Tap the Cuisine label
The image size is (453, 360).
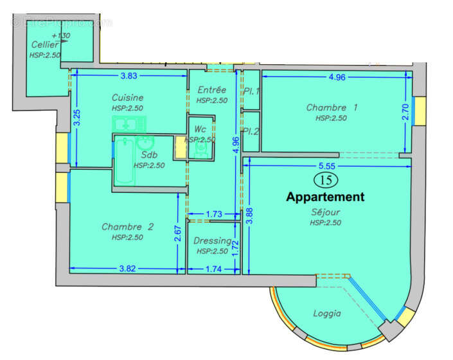(x=127, y=98)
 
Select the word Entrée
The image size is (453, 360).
(x=211, y=90)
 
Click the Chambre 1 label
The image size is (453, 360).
(x=331, y=107)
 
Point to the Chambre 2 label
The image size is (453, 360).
(x=128, y=226)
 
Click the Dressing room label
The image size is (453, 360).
(x=212, y=241)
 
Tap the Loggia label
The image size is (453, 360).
(x=326, y=314)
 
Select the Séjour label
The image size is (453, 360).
(x=324, y=212)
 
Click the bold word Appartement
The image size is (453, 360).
(x=325, y=197)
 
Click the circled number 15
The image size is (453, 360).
(x=323, y=180)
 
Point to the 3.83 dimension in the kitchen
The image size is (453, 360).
(x=130, y=76)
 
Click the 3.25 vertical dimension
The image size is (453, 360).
(x=76, y=118)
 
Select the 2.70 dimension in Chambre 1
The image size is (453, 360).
(x=405, y=113)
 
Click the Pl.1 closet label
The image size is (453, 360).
(x=251, y=91)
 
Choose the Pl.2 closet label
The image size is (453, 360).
(x=251, y=132)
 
